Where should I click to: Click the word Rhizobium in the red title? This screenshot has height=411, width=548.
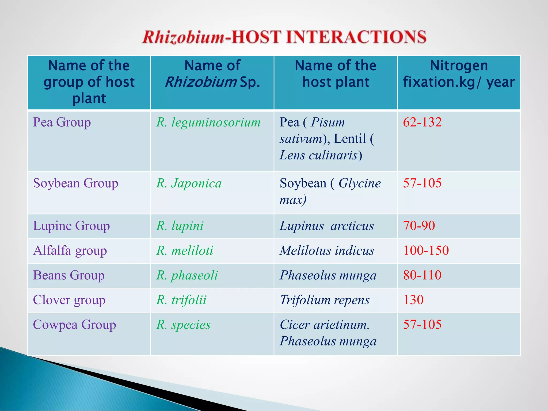(184, 37)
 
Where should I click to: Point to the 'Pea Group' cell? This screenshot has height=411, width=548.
(62, 122)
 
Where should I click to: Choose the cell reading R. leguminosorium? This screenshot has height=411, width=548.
(208, 122)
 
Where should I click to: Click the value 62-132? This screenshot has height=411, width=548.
(422, 122)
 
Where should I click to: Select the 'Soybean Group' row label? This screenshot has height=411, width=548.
(75, 183)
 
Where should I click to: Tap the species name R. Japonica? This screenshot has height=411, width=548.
(189, 183)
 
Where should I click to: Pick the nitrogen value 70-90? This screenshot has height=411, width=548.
(419, 226)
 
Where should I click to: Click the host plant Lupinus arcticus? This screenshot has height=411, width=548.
(326, 226)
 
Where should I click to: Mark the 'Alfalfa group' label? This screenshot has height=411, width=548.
(70, 251)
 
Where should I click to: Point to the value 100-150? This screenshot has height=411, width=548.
(426, 250)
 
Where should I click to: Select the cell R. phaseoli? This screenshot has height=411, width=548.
(187, 275)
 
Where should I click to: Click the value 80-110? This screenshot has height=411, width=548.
(422, 275)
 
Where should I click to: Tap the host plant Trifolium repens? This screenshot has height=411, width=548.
(325, 300)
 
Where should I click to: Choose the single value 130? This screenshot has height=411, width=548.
(413, 300)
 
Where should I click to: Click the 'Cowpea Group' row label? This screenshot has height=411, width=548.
(74, 325)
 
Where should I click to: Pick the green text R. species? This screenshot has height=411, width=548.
(183, 325)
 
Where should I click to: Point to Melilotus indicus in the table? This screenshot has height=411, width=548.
(327, 251)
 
